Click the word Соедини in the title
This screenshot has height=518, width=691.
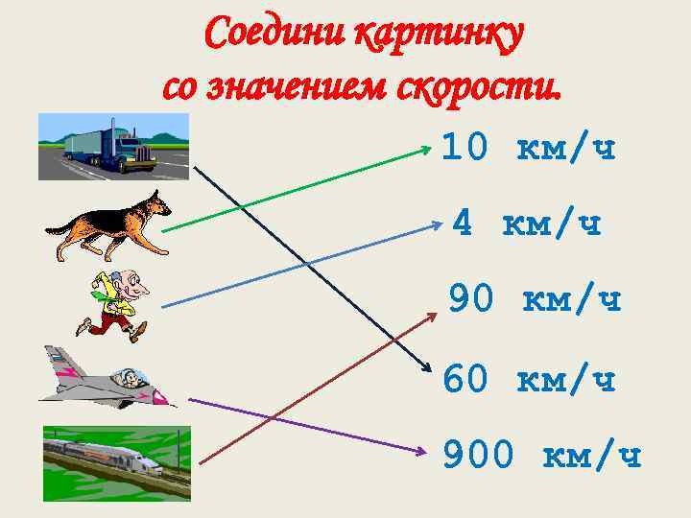point(274,35)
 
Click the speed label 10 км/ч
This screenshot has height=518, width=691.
point(528,148)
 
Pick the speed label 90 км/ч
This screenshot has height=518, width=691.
point(535,300)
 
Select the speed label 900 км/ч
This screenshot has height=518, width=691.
point(541,457)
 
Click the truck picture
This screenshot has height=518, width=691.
point(113,146)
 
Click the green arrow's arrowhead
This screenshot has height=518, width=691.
point(429,148)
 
